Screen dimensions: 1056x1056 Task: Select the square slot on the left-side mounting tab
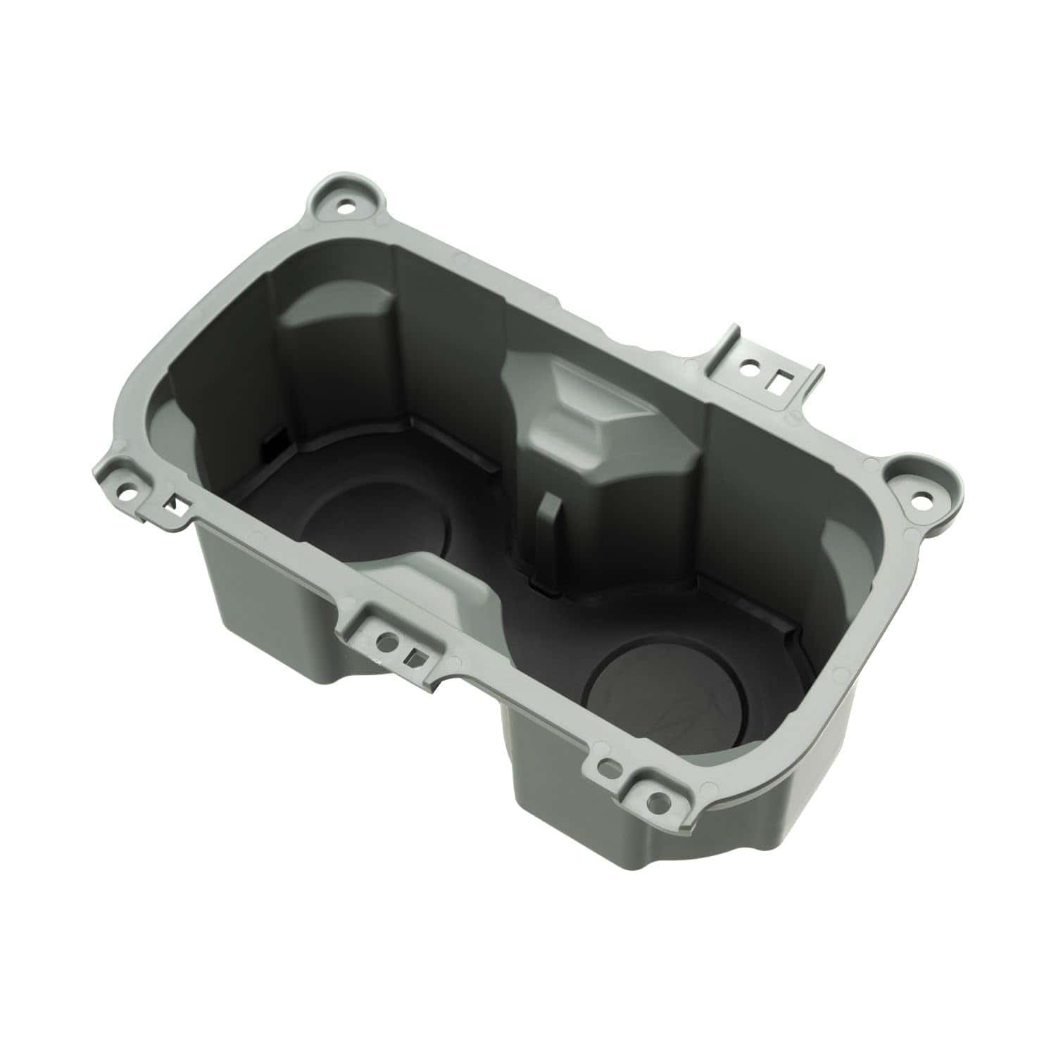click(x=171, y=504)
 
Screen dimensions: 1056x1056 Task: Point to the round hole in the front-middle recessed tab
click(x=385, y=641)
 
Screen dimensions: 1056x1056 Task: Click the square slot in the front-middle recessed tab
click(x=414, y=657)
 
